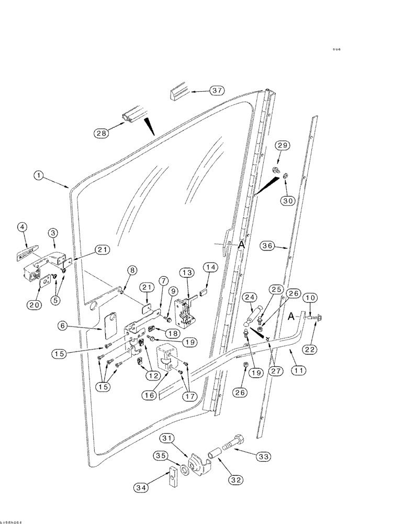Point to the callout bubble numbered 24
coord(250,298)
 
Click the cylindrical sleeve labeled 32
coord(216,452)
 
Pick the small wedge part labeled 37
coord(179,93)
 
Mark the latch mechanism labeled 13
coord(184,309)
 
